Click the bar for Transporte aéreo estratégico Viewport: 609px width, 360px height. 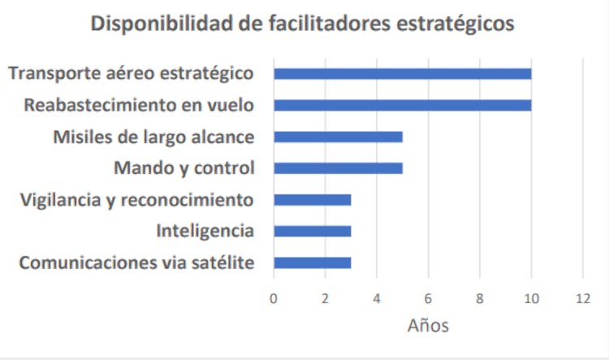coord(402,74)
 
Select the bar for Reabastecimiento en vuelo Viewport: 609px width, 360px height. coord(402,105)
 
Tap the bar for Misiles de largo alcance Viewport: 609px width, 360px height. coord(338,137)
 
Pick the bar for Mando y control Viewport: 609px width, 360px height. coord(338,168)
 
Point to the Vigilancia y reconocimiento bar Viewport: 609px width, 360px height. coord(313,200)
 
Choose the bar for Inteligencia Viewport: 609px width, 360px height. coord(313,232)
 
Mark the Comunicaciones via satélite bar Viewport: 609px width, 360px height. coord(313,262)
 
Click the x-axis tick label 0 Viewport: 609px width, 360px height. coord(274,297)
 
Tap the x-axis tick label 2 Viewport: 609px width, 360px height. coord(326,297)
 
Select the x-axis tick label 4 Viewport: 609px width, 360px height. coord(377,297)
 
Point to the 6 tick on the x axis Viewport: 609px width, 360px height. coord(429,297)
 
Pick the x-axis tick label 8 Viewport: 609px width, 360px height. coord(480,297)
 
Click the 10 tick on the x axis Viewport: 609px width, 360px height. coord(531,297)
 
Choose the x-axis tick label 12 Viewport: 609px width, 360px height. coord(582,297)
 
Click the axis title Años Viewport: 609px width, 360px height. coord(428,326)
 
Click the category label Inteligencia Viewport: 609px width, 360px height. coord(205,232)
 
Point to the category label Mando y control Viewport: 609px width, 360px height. coord(184,168)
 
